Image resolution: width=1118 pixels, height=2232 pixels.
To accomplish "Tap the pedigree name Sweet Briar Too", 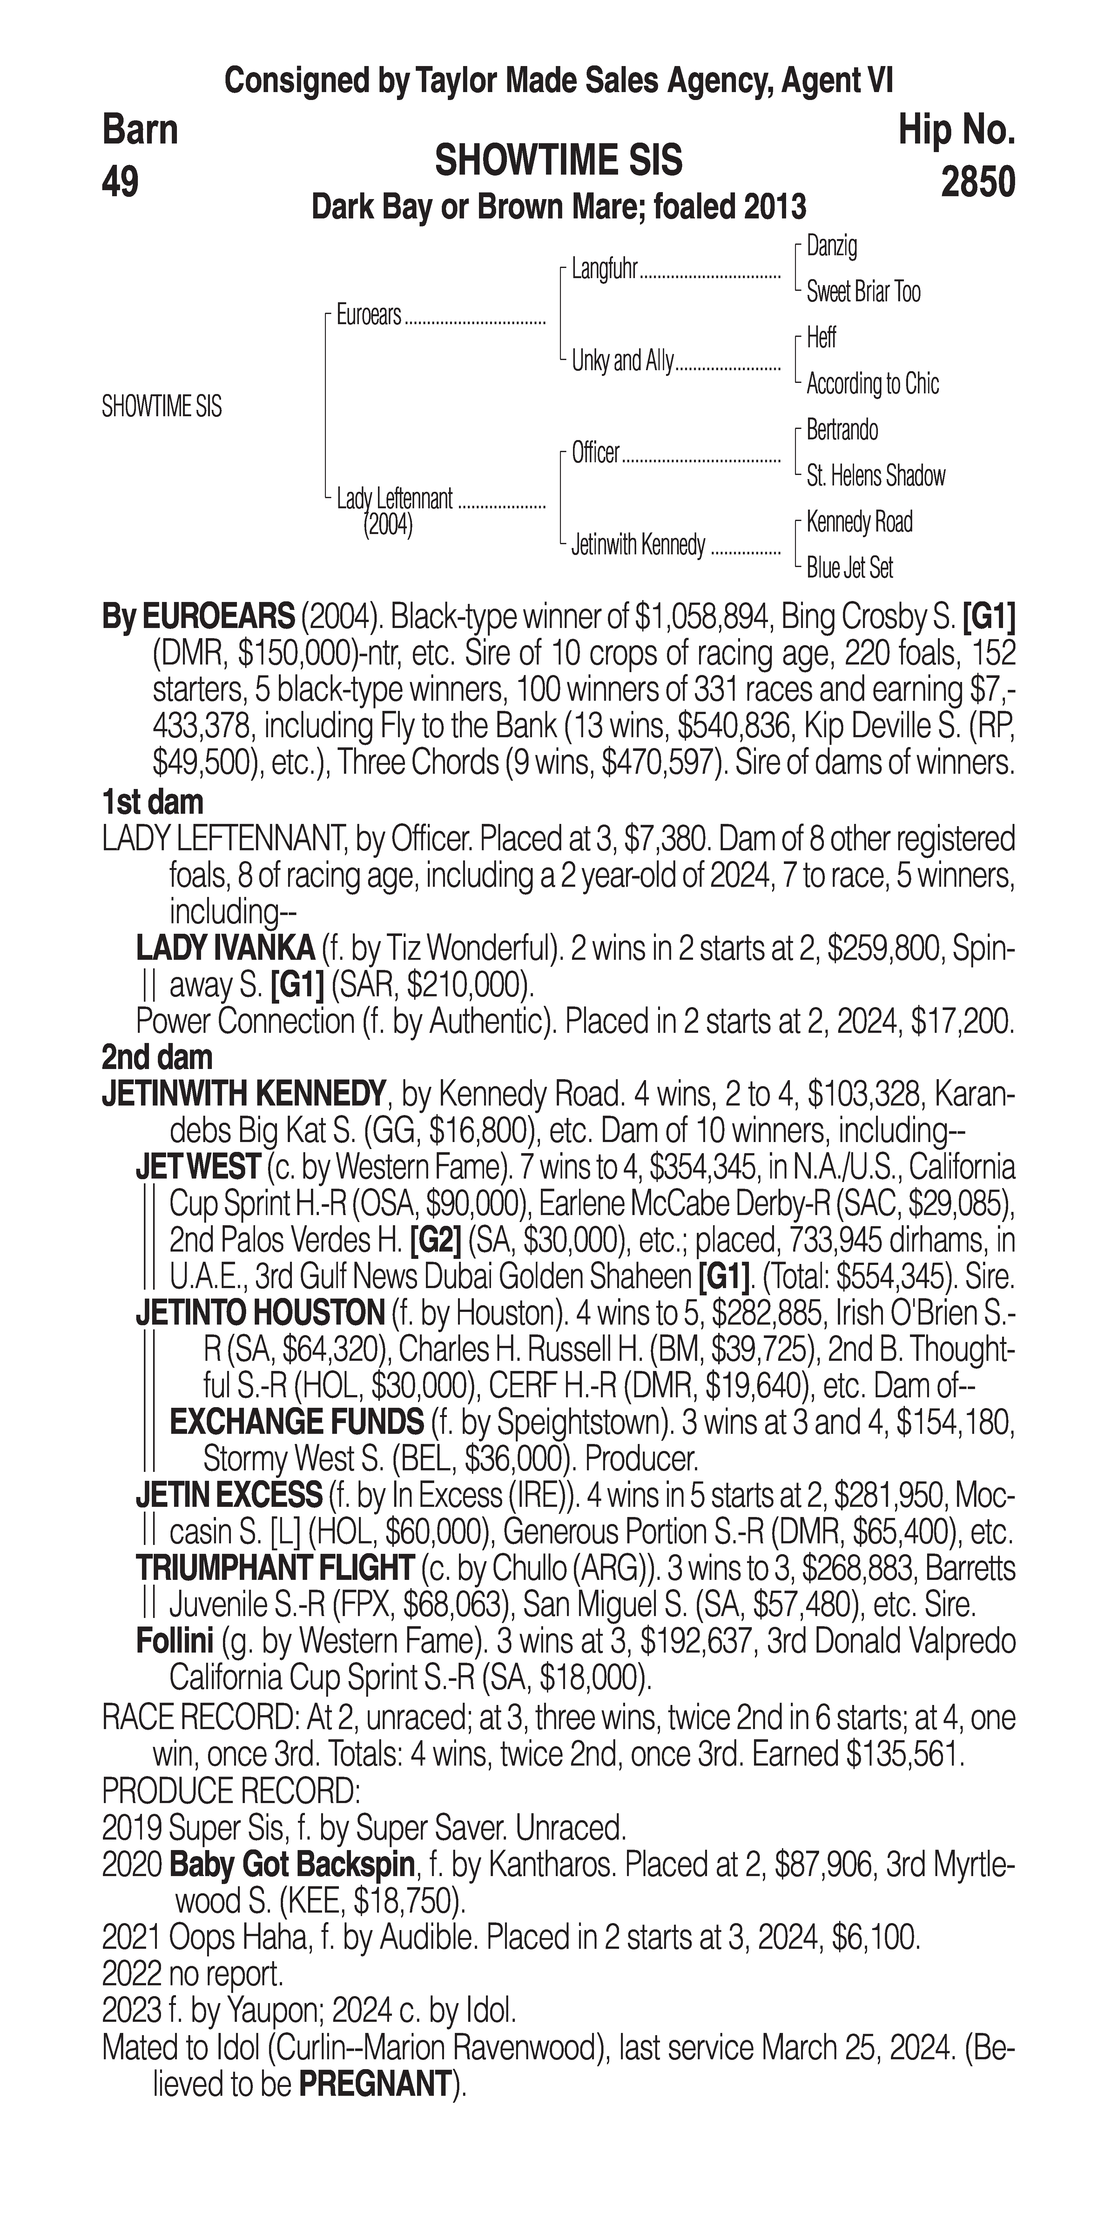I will pyautogui.click(x=863, y=292).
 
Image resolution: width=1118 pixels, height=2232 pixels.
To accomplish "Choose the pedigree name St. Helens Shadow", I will pyautogui.click(x=875, y=476).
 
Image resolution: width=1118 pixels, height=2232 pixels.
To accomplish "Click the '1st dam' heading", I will pyautogui.click(x=152, y=802).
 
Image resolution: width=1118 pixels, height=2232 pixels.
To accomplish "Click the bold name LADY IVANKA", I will pyautogui.click(x=225, y=949).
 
